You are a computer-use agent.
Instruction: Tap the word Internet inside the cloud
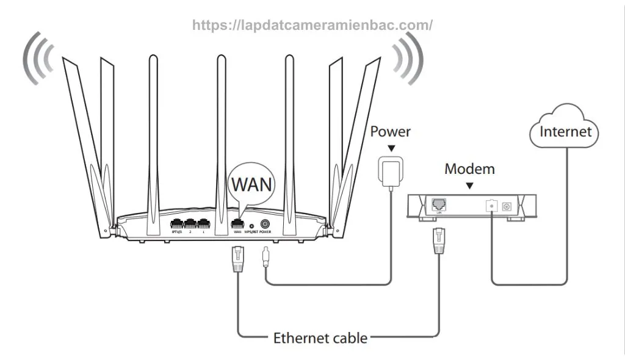point(565,131)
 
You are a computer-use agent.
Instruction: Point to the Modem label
point(470,168)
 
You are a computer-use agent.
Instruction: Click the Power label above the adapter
point(391,131)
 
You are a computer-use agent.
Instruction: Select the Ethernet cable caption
point(320,337)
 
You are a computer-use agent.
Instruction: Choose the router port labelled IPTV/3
point(177,224)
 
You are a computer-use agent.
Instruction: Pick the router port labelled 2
point(190,224)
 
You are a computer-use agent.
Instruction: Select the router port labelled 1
point(203,224)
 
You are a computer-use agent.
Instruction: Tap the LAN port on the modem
point(438,204)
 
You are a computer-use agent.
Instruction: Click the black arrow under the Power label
point(391,148)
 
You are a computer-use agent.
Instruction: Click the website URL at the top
point(312,25)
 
